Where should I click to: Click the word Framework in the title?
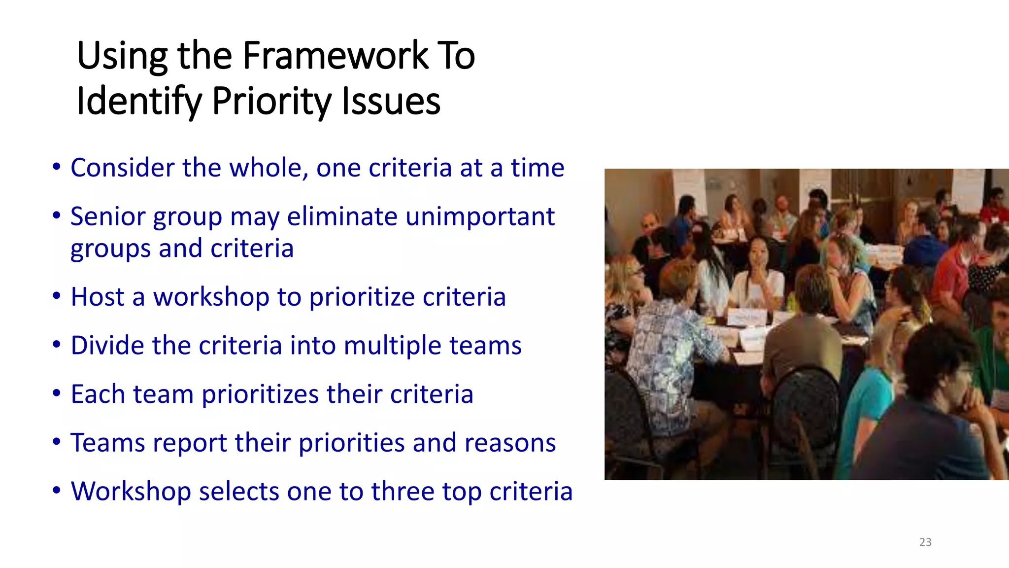pyautogui.click(x=336, y=55)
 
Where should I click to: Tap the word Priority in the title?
pyautogui.click(x=272, y=101)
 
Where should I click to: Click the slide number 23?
pyautogui.click(x=925, y=542)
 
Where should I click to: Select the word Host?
pyautogui.click(x=97, y=297)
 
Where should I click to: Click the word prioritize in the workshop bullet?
pyautogui.click(x=362, y=297)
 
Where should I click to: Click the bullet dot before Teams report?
pyautogui.click(x=57, y=442)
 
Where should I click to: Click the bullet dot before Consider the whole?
pyautogui.click(x=57, y=167)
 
